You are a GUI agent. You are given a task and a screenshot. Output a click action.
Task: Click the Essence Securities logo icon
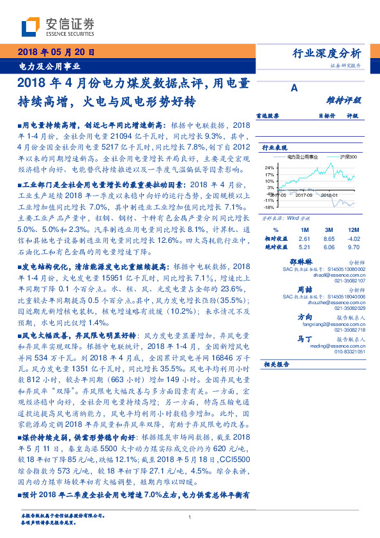point(31,26)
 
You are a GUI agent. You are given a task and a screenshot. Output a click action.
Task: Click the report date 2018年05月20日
point(56,52)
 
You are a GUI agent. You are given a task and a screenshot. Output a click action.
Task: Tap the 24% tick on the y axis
point(269,167)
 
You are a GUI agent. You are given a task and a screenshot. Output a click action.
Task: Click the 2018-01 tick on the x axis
point(330,196)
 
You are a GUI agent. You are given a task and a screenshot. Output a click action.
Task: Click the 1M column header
point(304,228)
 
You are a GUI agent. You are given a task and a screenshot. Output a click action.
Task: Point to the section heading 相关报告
point(277,364)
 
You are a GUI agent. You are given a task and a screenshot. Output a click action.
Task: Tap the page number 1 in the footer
point(190,518)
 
